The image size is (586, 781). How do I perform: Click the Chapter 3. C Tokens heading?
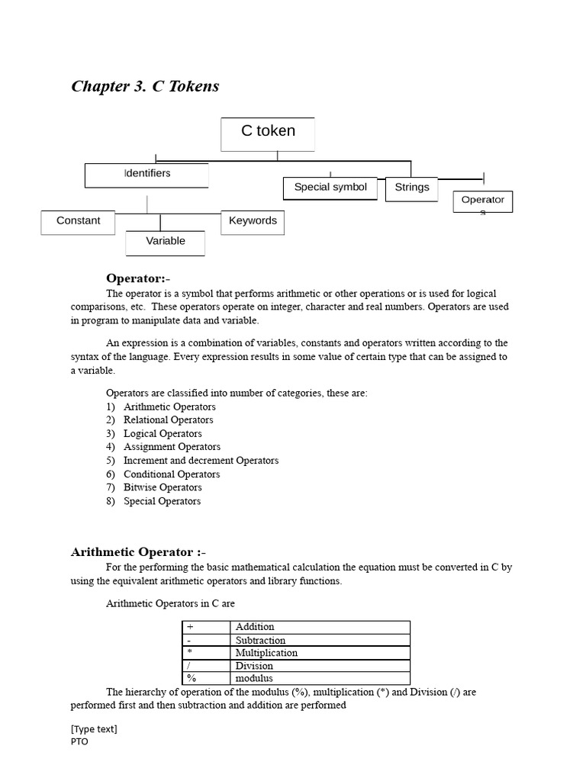point(145,86)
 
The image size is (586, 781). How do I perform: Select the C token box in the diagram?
point(268,134)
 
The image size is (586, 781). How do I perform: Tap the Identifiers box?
point(146,175)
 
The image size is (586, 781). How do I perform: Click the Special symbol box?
point(330,188)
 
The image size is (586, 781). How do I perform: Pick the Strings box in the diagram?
point(411,188)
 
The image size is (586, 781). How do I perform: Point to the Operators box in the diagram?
point(482,201)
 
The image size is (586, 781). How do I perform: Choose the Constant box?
point(78,221)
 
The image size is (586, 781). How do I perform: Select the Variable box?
point(165,242)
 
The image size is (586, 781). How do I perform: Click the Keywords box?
point(253,221)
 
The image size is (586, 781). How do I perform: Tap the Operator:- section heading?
point(138,278)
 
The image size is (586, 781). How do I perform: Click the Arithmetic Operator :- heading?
point(138,552)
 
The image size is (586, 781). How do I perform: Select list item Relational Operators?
point(168,420)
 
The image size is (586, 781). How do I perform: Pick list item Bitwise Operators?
point(163,487)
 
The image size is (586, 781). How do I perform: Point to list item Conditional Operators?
point(171,474)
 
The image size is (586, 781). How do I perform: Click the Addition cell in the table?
point(255,627)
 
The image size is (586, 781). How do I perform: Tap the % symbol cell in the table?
point(192,678)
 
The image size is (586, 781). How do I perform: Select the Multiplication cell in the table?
point(266,653)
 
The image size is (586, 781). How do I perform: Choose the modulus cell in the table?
point(254,678)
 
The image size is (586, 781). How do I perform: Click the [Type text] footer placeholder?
point(94,729)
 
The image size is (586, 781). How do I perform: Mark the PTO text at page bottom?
point(79,741)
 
